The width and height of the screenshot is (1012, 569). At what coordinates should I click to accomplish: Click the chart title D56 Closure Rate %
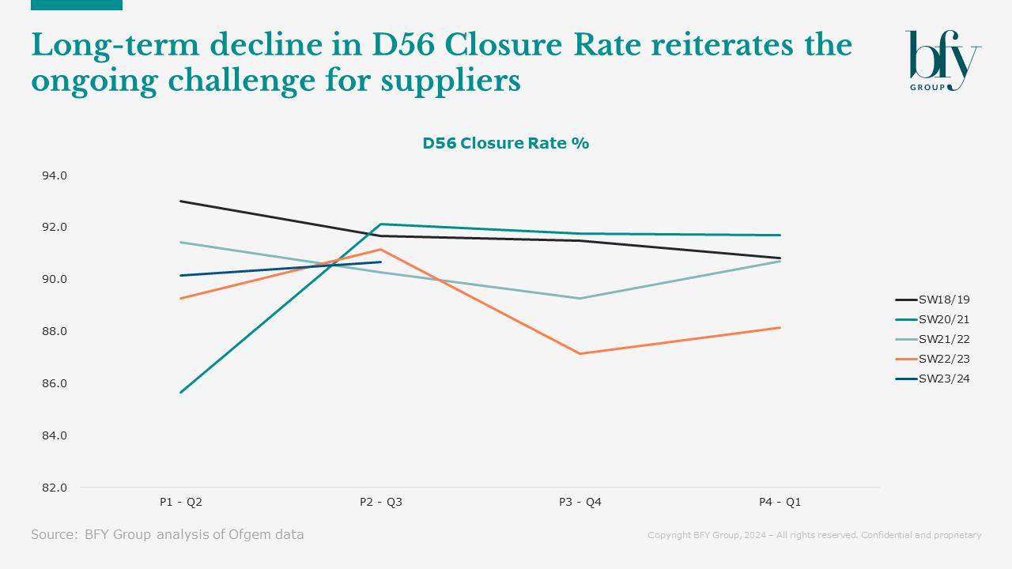505,143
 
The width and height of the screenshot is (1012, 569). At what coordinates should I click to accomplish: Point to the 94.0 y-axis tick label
55,175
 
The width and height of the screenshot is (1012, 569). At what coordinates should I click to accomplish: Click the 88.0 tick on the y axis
55,331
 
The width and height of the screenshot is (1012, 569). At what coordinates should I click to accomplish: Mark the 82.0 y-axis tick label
55,488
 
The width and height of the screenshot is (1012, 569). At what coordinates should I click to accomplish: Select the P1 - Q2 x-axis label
181,502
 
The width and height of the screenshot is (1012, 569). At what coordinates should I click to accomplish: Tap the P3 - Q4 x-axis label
580,502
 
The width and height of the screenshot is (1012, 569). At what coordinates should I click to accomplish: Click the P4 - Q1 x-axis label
780,502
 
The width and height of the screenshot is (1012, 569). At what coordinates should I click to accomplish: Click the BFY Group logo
942,60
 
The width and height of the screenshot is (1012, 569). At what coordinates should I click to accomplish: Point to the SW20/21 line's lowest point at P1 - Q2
181,392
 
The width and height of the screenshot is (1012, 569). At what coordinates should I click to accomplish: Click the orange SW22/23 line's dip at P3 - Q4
580,353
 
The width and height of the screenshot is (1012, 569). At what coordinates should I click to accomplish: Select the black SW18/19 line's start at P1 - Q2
181,201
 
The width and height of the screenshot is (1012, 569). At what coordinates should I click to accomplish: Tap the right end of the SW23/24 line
381,262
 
